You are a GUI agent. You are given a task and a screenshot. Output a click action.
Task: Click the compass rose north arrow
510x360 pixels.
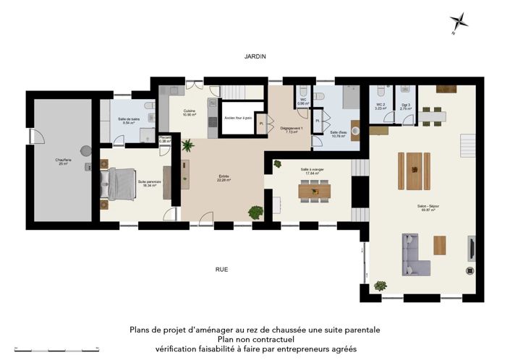[459, 22]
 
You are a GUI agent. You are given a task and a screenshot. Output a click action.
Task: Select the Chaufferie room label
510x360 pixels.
[61, 161]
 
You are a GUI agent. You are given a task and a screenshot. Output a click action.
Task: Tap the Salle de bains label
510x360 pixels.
[129, 120]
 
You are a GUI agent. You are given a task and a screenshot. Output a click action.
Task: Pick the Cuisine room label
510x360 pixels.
[190, 113]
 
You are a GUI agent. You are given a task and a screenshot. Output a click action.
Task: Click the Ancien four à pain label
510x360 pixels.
[237, 118]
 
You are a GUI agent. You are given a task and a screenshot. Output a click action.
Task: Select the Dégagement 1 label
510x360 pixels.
[290, 130]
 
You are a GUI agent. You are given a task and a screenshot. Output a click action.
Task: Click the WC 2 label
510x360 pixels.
[380, 106]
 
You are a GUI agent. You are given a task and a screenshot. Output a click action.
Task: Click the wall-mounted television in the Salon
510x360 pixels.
[472, 248]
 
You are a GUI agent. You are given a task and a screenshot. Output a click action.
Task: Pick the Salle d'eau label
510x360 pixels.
[337, 134]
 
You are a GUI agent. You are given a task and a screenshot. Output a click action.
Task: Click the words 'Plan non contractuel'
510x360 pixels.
[255, 338]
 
